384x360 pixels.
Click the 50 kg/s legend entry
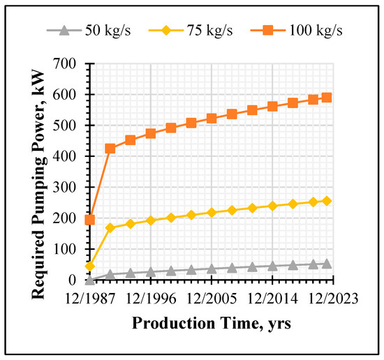[89, 30]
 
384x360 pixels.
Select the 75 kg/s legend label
[210, 30]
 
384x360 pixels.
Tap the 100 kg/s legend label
[316, 30]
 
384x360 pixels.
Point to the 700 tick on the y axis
[64, 64]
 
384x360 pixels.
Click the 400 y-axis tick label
[64, 156]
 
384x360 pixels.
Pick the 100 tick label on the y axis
[65, 249]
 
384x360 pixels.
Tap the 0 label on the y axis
[72, 280]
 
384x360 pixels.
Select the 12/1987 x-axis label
[90, 299]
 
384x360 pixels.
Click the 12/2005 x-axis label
[212, 299]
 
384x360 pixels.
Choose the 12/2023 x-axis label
[333, 299]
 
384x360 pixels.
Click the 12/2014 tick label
[272, 299]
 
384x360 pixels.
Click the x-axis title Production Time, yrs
[212, 323]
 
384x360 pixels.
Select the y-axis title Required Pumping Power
[38, 184]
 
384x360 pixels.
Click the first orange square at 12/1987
[90, 220]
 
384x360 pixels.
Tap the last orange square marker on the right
[327, 98]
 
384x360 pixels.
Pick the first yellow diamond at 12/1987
[90, 266]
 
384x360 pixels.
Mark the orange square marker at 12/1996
[151, 134]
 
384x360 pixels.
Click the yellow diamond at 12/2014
[272, 206]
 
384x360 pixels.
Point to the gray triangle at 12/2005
[212, 269]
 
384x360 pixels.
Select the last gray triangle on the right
[327, 264]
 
